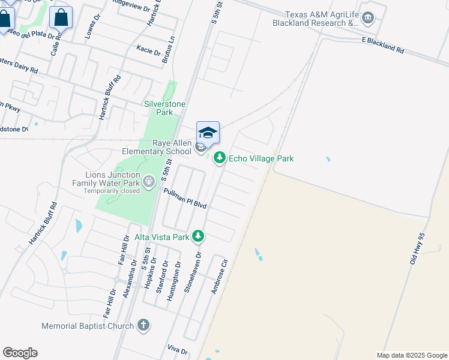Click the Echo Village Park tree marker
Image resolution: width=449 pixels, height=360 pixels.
pos(220,158)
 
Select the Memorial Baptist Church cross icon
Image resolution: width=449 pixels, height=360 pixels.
pos(143,326)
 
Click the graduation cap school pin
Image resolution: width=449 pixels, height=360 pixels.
pos(208,133)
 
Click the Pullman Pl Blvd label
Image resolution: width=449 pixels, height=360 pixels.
pos(185,198)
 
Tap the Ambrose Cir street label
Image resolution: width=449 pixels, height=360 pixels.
pos(220,276)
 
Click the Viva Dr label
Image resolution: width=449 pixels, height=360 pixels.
pos(178,349)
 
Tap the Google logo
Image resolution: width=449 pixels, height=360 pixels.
pos(20,353)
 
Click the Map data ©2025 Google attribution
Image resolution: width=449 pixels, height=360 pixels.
pos(412,355)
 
